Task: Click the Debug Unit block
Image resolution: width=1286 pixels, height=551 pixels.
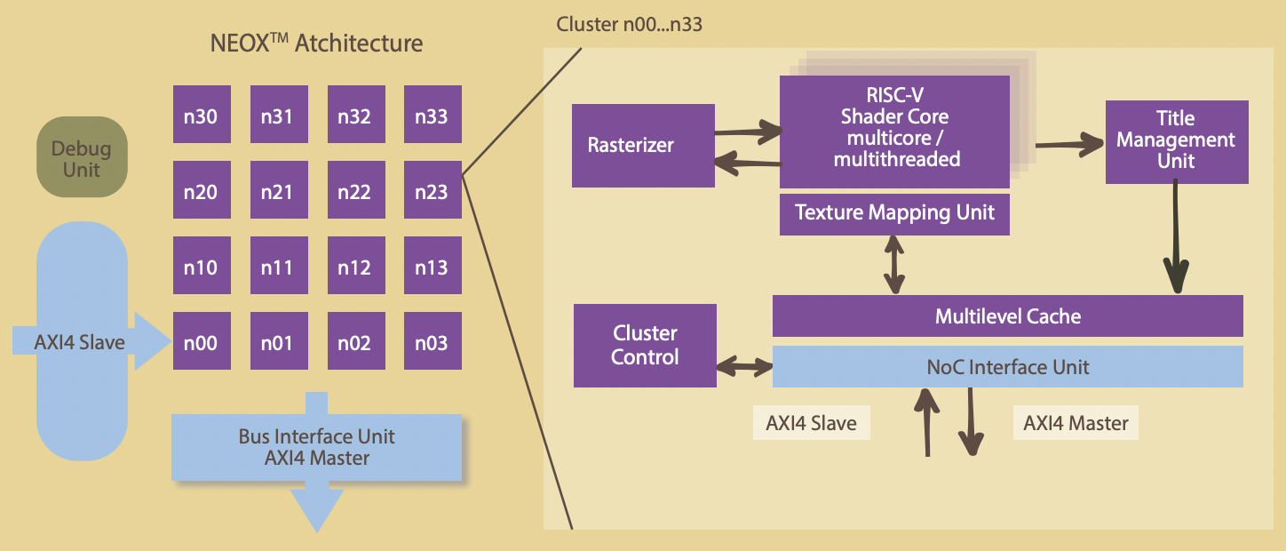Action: (x=82, y=159)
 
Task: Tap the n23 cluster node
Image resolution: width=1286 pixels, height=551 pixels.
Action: (x=433, y=190)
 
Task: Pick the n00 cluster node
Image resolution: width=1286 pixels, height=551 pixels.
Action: (x=202, y=342)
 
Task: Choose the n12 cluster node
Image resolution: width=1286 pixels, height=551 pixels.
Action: (x=355, y=266)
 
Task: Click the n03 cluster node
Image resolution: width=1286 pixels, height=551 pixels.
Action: (x=433, y=342)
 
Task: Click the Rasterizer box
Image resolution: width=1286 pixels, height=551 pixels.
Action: (x=643, y=146)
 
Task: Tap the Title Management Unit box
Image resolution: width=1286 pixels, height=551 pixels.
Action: (x=1177, y=140)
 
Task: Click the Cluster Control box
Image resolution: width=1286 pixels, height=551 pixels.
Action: (x=645, y=346)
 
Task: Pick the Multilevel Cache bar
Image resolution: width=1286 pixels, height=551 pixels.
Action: (x=1007, y=316)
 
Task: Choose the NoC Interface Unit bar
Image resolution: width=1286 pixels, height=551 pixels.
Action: (x=1007, y=367)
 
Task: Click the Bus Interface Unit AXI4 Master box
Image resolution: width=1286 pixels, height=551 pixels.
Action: (x=317, y=447)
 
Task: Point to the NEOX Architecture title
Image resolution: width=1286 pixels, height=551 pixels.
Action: (x=316, y=43)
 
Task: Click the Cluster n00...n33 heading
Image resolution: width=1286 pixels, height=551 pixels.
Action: (x=629, y=24)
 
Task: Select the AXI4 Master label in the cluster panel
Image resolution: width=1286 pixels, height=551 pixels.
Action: (x=1076, y=423)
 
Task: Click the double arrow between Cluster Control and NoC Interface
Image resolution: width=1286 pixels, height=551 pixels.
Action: (x=744, y=366)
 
